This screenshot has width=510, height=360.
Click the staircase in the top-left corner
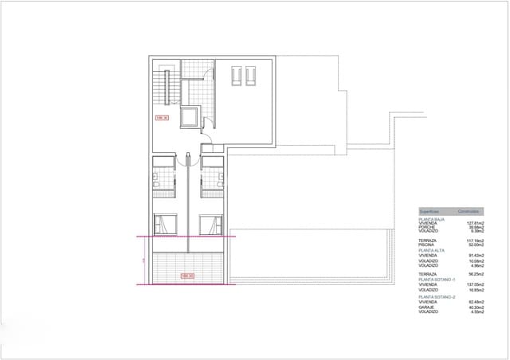[167, 85]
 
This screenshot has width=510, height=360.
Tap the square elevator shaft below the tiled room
[190, 118]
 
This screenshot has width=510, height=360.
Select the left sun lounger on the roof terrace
[237, 76]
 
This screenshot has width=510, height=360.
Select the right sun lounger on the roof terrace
[250, 76]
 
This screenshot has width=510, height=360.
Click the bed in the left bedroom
[163, 225]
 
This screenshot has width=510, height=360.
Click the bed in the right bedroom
[210, 225]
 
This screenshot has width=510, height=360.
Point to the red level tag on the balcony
[188, 276]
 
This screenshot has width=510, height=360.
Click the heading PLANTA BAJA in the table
[432, 218]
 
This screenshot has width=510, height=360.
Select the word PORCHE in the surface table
[427, 227]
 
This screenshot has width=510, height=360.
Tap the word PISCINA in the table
[427, 245]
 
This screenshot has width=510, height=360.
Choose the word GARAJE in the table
[428, 307]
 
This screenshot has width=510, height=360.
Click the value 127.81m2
[475, 223]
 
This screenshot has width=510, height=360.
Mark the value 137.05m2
[475, 285]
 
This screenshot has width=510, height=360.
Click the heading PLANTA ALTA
[432, 250]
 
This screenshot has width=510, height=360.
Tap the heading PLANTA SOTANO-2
[437, 297]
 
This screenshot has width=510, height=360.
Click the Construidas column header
[468, 210]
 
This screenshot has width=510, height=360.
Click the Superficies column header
[430, 210]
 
